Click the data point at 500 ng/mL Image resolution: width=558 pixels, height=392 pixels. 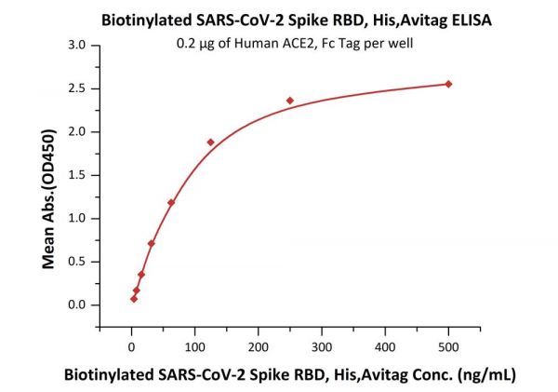coord(448,84)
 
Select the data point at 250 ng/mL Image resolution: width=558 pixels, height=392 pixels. coord(290,101)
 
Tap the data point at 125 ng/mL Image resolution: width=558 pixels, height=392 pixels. coord(210,142)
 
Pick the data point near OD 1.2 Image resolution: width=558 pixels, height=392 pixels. coord(171,202)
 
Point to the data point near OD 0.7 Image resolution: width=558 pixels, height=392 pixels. coord(151,243)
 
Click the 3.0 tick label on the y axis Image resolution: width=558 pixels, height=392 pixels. coord(79,45)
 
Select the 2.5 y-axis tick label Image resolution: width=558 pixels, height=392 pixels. coord(79,88)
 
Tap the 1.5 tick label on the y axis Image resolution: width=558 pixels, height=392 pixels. coord(79,175)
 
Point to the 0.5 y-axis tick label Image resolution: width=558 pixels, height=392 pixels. coord(79,262)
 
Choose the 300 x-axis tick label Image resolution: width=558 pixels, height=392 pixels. coord(322,347)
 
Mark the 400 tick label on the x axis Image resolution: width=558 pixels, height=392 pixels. coord(385,347)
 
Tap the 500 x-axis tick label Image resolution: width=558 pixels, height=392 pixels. coord(448,347)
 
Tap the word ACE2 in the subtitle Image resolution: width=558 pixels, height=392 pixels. coord(300,43)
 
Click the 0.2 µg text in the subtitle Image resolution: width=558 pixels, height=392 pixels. coord(193,43)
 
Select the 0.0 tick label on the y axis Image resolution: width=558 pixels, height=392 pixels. coord(79,304)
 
